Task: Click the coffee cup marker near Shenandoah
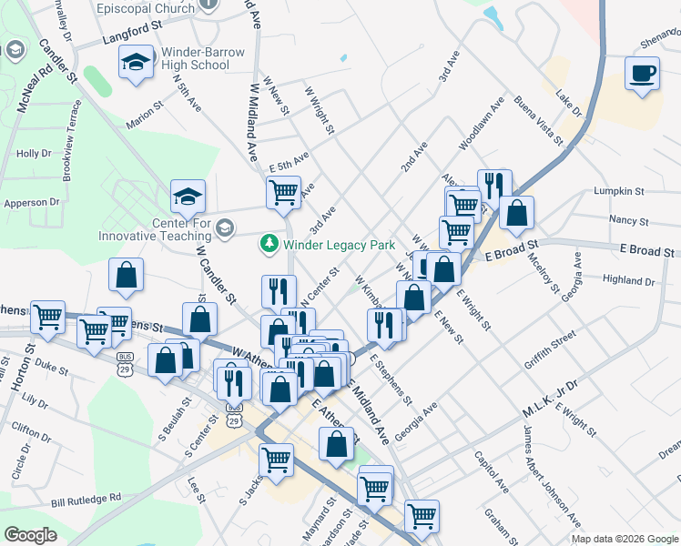(642, 73)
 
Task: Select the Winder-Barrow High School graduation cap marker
(136, 63)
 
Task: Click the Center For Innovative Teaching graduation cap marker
(188, 196)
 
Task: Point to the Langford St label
(131, 33)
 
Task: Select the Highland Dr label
(628, 282)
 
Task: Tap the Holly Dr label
(34, 154)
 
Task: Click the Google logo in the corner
(30, 535)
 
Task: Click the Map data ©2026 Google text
(625, 539)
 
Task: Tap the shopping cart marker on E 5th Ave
(284, 192)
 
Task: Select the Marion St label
(144, 119)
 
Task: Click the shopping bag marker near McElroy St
(516, 213)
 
